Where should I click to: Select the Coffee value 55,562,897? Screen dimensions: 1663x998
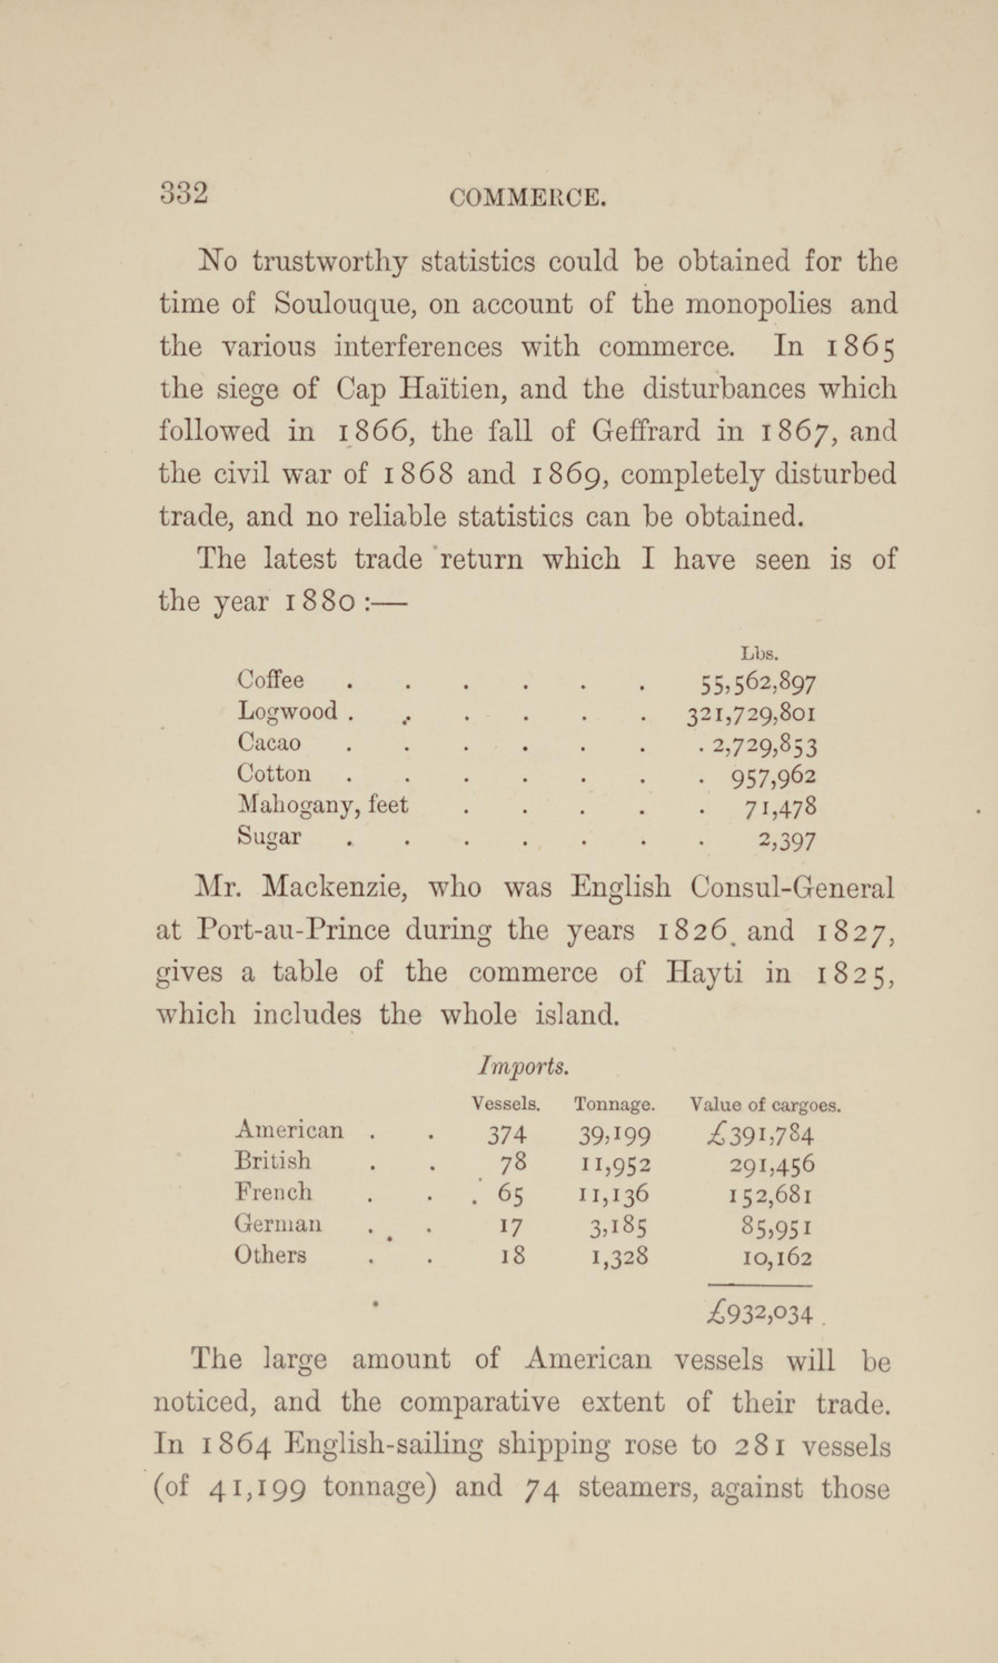pyautogui.click(x=758, y=684)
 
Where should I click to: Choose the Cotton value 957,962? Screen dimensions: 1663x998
pyautogui.click(x=773, y=776)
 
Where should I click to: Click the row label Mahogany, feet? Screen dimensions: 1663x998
pyautogui.click(x=322, y=805)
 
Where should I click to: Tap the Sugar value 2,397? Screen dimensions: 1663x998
pyautogui.click(x=787, y=840)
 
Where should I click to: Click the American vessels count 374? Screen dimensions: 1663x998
pyautogui.click(x=507, y=1136)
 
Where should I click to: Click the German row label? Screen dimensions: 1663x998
pyautogui.click(x=278, y=1223)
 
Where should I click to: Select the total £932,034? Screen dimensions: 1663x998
pyautogui.click(x=761, y=1313)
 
